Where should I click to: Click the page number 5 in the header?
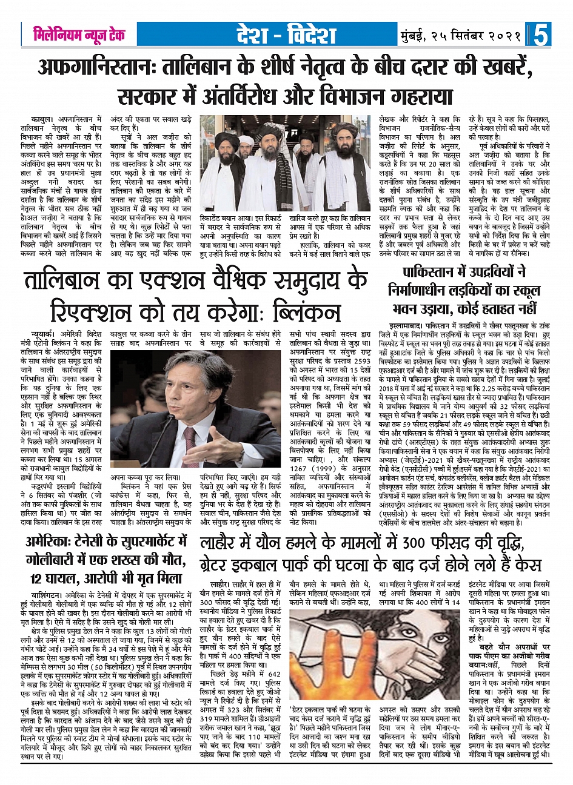(540, 35)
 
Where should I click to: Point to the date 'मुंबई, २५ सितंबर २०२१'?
(460, 35)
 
